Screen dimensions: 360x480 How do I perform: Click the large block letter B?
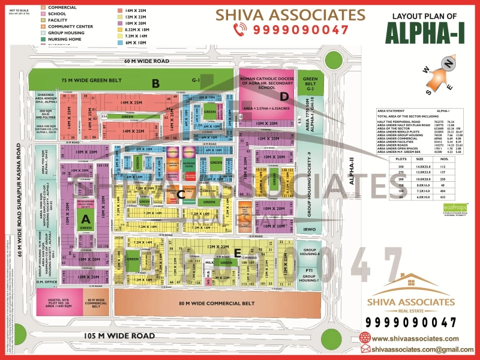click(155, 83)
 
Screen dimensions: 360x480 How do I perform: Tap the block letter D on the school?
click(285, 96)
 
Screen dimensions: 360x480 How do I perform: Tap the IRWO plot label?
click(310, 230)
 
